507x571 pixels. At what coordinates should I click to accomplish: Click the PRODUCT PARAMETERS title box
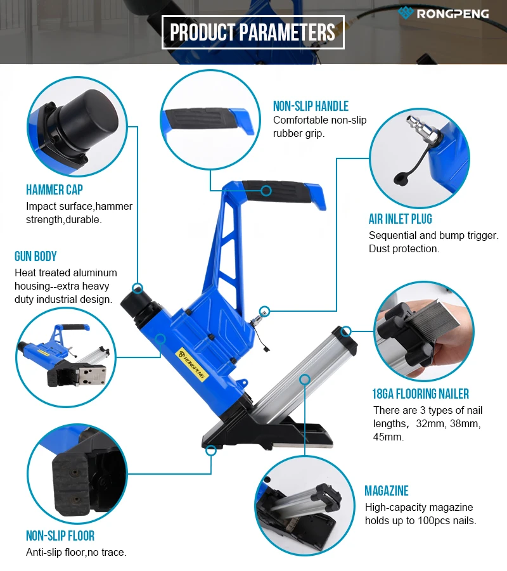(x=253, y=32)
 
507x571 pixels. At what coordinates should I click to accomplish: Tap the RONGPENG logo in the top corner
(x=443, y=13)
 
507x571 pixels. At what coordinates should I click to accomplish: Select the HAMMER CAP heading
(x=55, y=189)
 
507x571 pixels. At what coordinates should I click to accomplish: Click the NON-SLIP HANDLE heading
(x=311, y=106)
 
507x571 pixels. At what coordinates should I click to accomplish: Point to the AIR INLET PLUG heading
(x=401, y=219)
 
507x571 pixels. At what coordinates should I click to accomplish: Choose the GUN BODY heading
(x=35, y=257)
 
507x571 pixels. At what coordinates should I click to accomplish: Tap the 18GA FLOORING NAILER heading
(x=420, y=394)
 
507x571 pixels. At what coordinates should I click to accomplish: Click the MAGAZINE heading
(x=387, y=491)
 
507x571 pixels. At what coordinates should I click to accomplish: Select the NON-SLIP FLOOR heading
(x=60, y=536)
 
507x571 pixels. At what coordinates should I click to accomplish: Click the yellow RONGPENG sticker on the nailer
(x=191, y=365)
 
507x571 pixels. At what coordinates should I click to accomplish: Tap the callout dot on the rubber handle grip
(x=266, y=191)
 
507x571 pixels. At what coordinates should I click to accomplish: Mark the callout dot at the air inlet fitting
(x=265, y=311)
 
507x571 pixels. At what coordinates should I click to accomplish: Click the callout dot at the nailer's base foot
(x=211, y=451)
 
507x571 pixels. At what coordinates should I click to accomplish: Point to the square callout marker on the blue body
(x=160, y=339)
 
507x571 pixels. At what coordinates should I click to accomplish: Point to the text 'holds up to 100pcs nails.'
(x=420, y=520)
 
